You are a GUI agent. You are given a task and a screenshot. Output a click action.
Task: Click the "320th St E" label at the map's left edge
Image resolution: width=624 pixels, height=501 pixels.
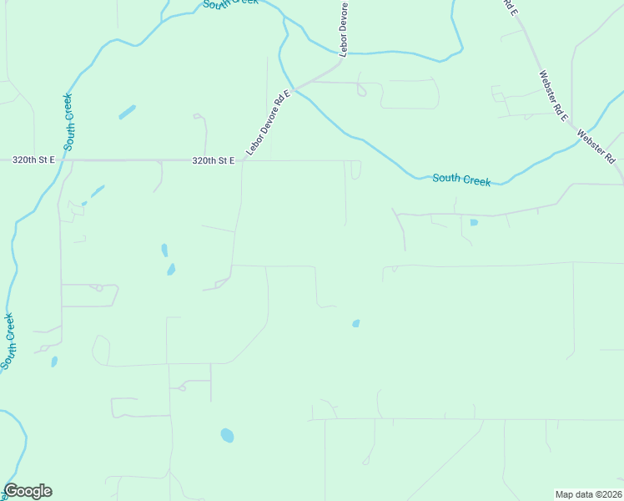(x=33, y=159)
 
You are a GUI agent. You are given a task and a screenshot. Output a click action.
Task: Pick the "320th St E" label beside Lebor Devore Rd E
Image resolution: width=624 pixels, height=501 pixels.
(x=213, y=160)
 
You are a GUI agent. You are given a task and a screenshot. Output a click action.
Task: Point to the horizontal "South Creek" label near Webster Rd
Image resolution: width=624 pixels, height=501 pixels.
(x=461, y=180)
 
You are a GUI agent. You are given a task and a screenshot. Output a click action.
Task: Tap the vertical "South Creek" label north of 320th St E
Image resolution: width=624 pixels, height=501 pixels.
(x=69, y=116)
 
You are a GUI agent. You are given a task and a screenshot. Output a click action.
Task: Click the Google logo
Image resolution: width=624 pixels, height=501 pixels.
(x=28, y=491)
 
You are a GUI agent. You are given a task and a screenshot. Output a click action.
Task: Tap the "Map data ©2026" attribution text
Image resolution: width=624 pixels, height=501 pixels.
(x=588, y=494)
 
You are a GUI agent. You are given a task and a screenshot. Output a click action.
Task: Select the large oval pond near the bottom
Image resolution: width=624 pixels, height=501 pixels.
(x=227, y=435)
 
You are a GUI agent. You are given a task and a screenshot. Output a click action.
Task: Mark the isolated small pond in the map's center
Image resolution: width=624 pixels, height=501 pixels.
(x=356, y=323)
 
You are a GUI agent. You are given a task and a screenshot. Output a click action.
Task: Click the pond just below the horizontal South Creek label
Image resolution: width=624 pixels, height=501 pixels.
(x=474, y=222)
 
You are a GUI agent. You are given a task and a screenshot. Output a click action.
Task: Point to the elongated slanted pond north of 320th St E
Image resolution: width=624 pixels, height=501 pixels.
(x=127, y=112)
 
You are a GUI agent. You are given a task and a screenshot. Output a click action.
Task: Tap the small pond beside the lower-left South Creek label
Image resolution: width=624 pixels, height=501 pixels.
(x=54, y=362)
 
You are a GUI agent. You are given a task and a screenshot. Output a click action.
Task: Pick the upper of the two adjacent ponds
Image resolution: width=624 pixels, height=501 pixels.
(x=164, y=250)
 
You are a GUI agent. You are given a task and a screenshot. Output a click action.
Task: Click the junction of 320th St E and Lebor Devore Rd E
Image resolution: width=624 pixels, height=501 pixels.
(x=244, y=160)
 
